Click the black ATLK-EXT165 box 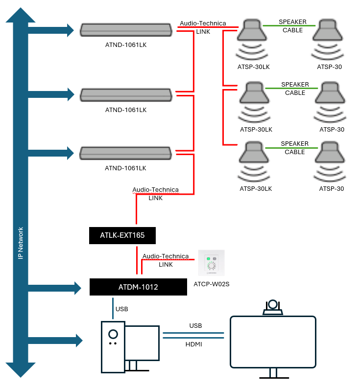tap(122, 235)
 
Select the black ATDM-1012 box tap(138, 287)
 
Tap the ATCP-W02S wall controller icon tap(211, 263)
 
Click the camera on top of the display tap(273, 307)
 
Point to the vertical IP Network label tap(21, 243)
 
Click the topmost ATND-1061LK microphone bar tap(126, 30)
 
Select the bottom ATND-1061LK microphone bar tap(125, 153)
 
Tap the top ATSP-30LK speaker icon tap(252, 39)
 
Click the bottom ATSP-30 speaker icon tap(330, 161)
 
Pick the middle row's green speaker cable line tap(291, 88)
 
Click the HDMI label tap(194, 344)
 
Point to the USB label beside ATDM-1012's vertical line tap(121, 309)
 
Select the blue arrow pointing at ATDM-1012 tap(55, 288)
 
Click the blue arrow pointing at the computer tap(55, 341)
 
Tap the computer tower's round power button tap(113, 334)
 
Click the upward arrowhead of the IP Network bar tap(21, 15)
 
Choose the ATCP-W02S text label tap(211, 284)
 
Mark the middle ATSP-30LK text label tap(256, 130)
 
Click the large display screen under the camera tap(273, 342)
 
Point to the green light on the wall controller tap(208, 258)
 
